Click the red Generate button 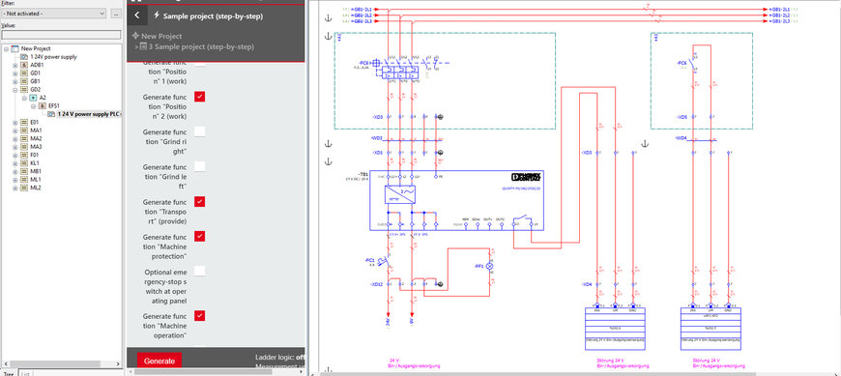tap(159, 361)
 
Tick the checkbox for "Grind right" tap(199, 131)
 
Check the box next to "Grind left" tap(199, 166)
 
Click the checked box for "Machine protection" tap(199, 236)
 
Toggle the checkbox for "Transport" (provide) tap(199, 201)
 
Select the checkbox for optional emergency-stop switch tap(199, 272)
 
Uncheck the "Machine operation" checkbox tap(199, 315)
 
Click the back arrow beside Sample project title tap(137, 15)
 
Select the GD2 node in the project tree tap(36, 89)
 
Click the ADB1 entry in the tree tap(37, 65)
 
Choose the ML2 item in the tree tap(36, 188)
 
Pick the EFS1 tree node tap(55, 105)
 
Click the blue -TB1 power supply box tap(454, 199)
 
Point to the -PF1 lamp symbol tap(488, 264)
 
